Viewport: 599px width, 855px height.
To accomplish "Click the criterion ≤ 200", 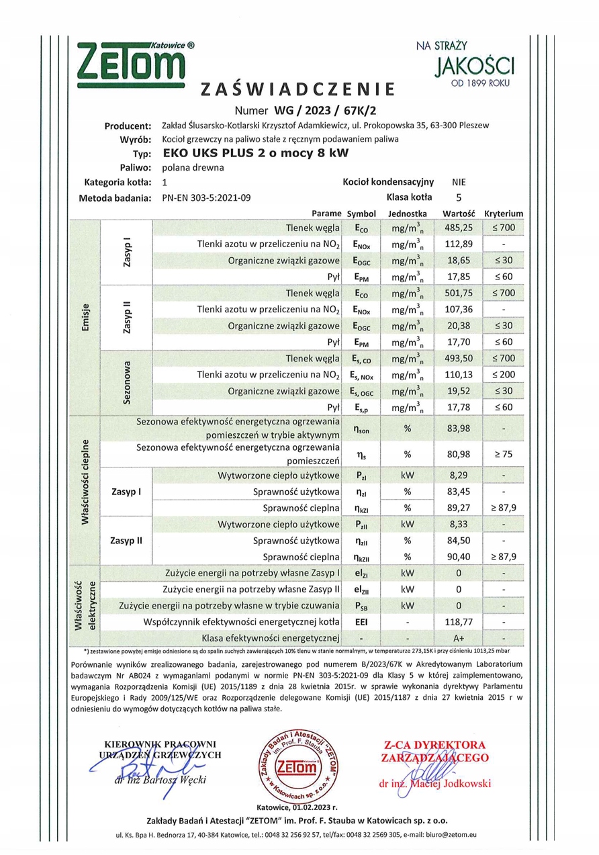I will point(503,374).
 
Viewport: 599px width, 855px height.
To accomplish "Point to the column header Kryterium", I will point(503,214).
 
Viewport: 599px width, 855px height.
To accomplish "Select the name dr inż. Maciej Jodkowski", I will point(434,783).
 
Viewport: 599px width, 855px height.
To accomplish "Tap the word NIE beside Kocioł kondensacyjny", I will point(459,182).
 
